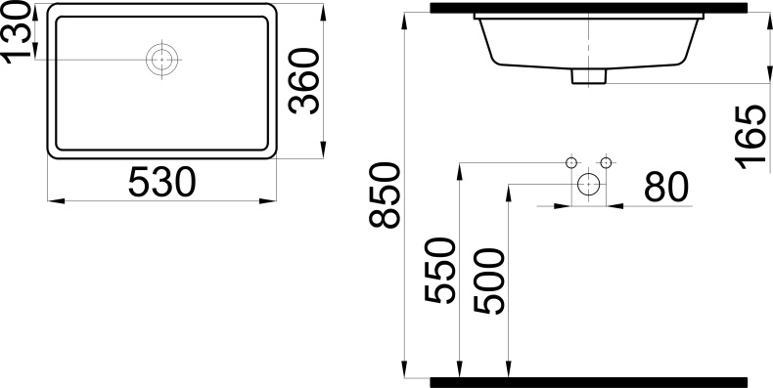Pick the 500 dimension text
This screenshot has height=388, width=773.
488,280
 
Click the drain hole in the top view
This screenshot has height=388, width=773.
161,60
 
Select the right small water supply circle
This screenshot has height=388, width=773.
606,161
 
